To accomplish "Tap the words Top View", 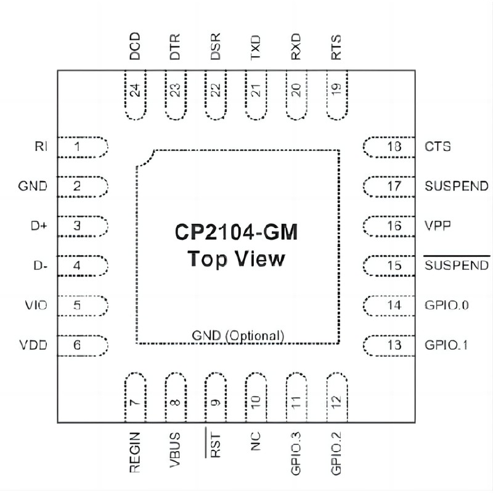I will tap(236, 259).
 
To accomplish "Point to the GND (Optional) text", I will tap(238, 336).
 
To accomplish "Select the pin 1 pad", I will tap(83, 147).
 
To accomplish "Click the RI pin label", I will tap(42, 147).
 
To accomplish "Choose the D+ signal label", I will tap(39, 226).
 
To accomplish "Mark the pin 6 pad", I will tap(83, 345).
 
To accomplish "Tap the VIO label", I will tap(36, 305).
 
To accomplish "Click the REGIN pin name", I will tap(136, 453).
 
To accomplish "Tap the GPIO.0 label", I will tap(447, 305).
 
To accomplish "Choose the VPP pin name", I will tap(438, 226).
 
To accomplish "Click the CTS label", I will tap(438, 147).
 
